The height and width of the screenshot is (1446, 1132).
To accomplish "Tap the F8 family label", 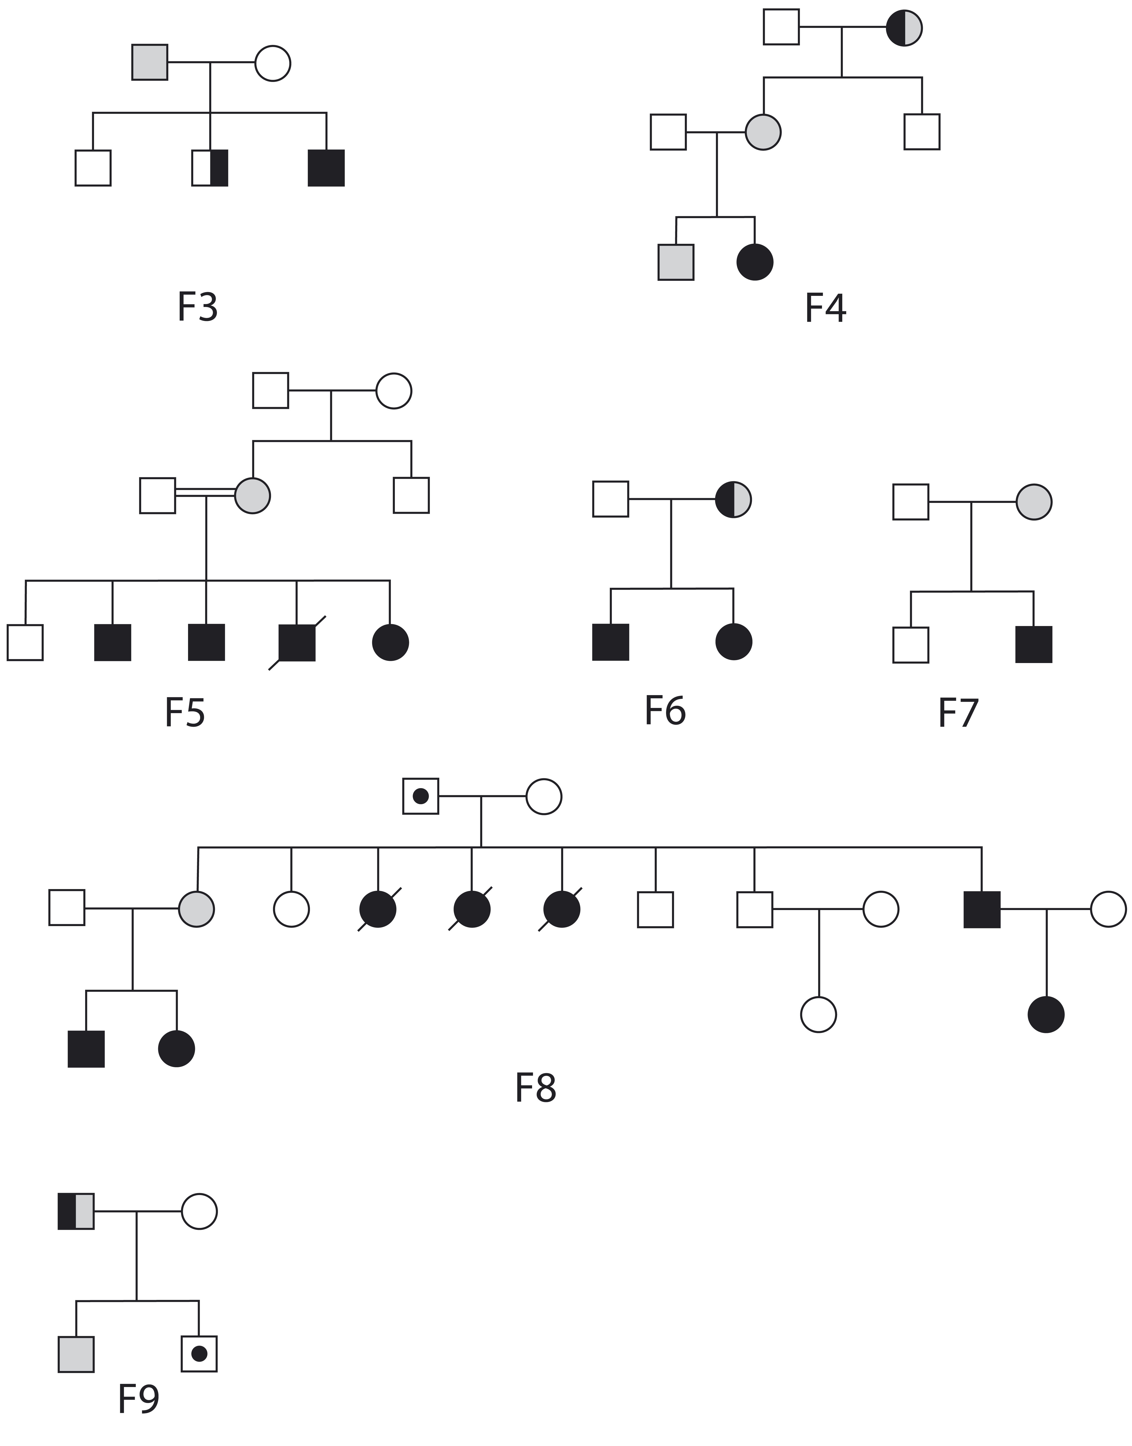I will (536, 1088).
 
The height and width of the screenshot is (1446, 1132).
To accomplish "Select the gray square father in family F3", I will (150, 62).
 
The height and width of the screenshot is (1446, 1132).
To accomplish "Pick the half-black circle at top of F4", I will (904, 28).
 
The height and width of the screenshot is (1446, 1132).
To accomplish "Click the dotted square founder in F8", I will (421, 796).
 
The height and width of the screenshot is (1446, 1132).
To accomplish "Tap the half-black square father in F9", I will (76, 1211).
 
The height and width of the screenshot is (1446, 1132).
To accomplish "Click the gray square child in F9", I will (76, 1354).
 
